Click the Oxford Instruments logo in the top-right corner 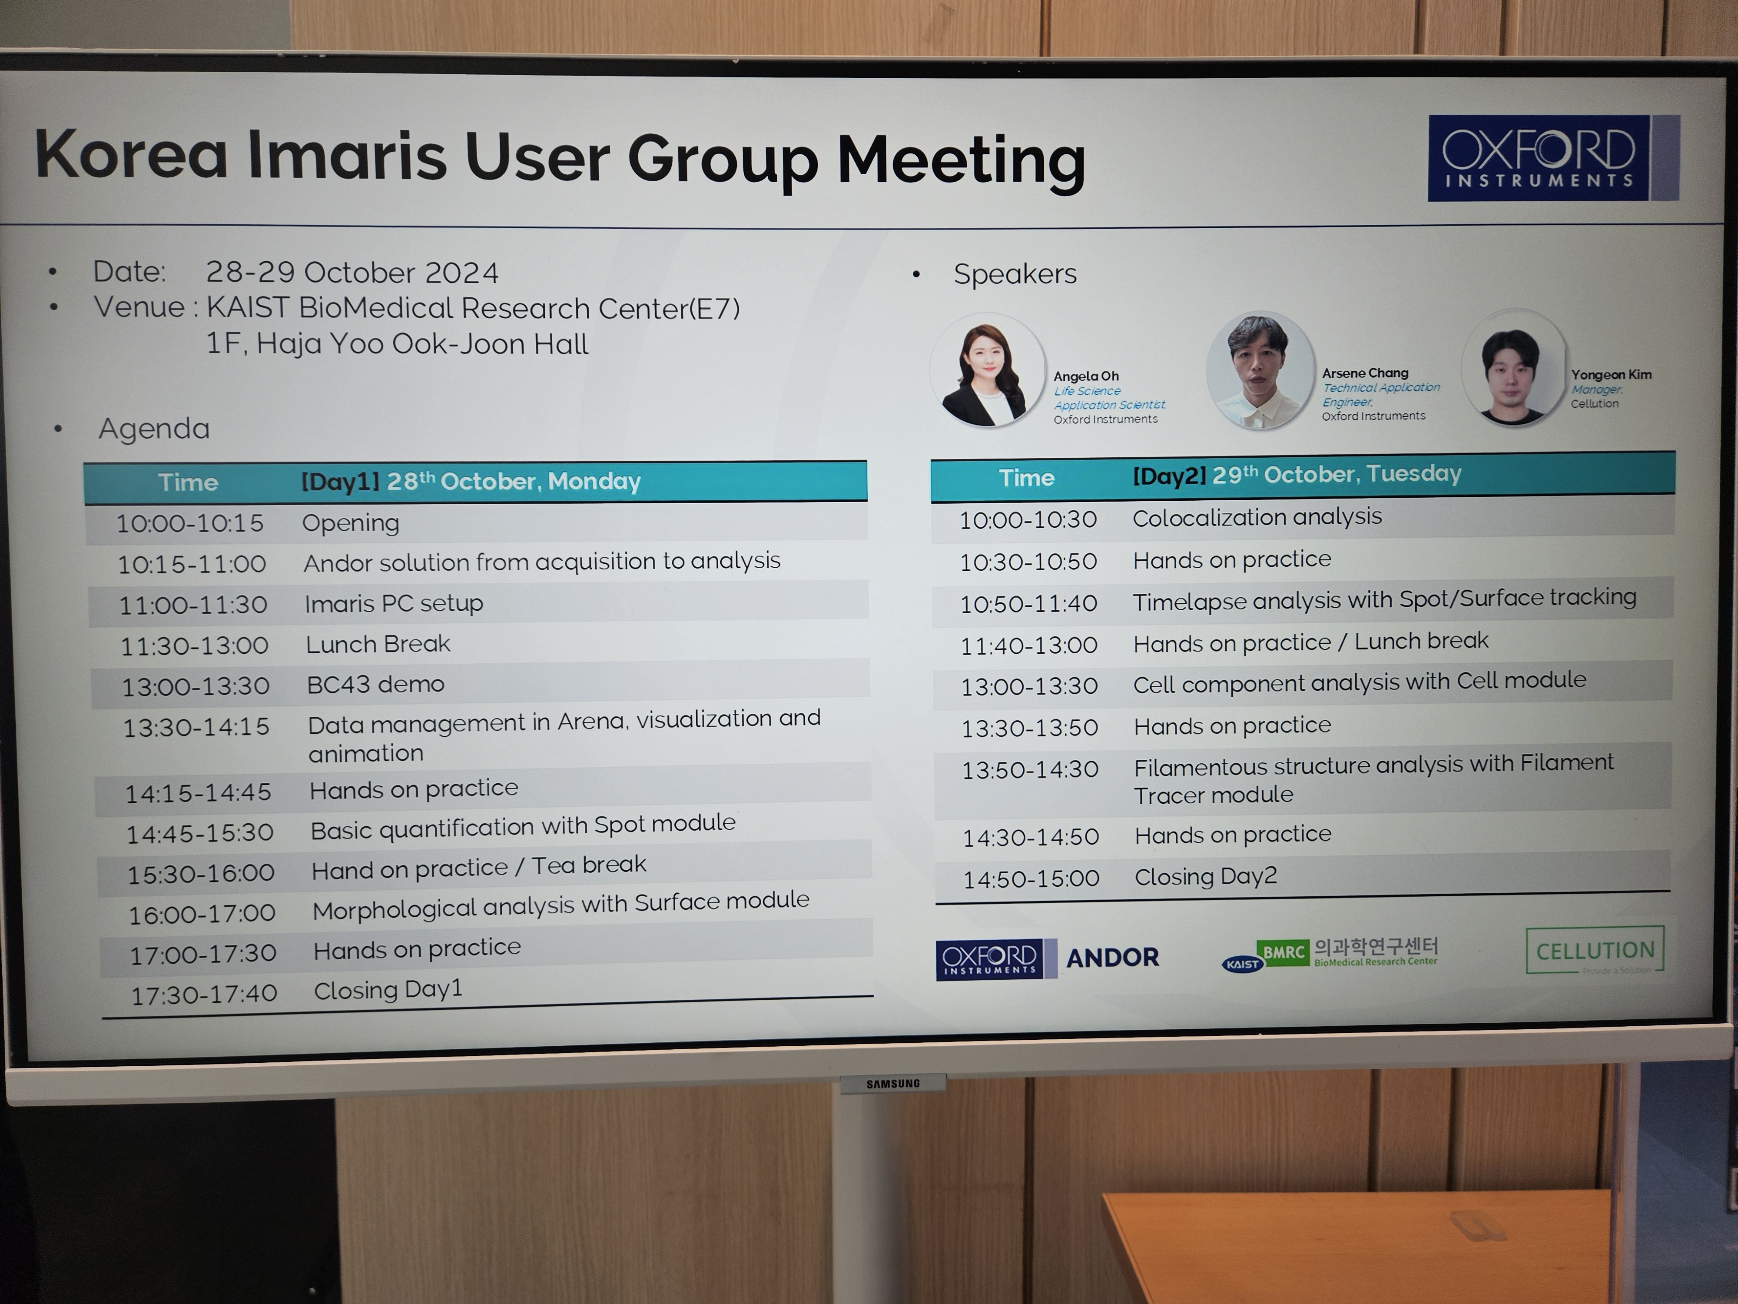point(1553,157)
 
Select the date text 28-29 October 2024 point(352,272)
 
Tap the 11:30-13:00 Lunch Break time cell point(194,645)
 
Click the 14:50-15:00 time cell point(1032,878)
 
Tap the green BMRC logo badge point(1283,952)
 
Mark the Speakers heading point(1015,273)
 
